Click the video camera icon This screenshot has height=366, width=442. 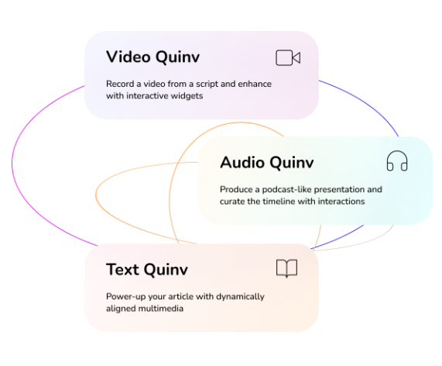[x=288, y=57]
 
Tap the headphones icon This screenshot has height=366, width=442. [x=397, y=161]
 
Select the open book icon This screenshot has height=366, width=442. [x=286, y=268]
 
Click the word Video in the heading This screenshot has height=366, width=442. [x=128, y=57]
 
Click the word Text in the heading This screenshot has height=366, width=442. [x=122, y=269]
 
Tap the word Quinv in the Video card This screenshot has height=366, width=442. [x=177, y=57]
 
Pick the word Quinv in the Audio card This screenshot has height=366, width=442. [x=292, y=163]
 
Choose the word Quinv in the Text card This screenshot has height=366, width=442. [x=166, y=270]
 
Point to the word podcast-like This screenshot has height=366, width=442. [x=286, y=189]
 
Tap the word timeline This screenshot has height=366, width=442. [x=279, y=202]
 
